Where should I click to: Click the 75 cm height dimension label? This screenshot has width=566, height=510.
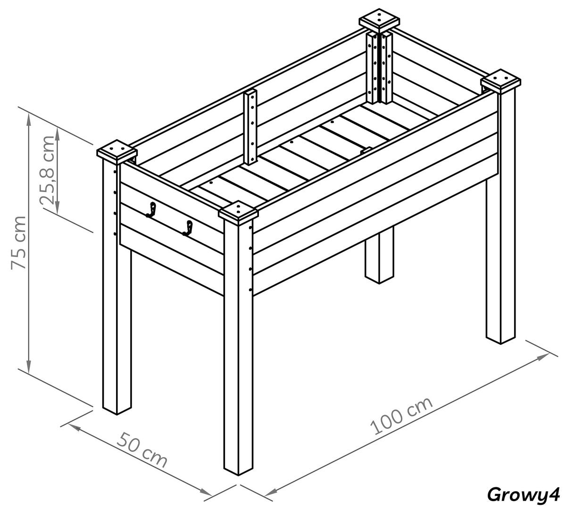coord(19,242)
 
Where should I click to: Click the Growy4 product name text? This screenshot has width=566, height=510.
coord(523,495)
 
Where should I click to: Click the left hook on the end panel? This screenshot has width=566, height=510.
coord(151,210)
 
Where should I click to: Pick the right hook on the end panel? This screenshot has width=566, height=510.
coord(188,228)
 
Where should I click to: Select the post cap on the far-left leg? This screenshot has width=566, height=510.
coord(117,151)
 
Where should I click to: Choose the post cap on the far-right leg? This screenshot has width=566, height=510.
coord(501,81)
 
